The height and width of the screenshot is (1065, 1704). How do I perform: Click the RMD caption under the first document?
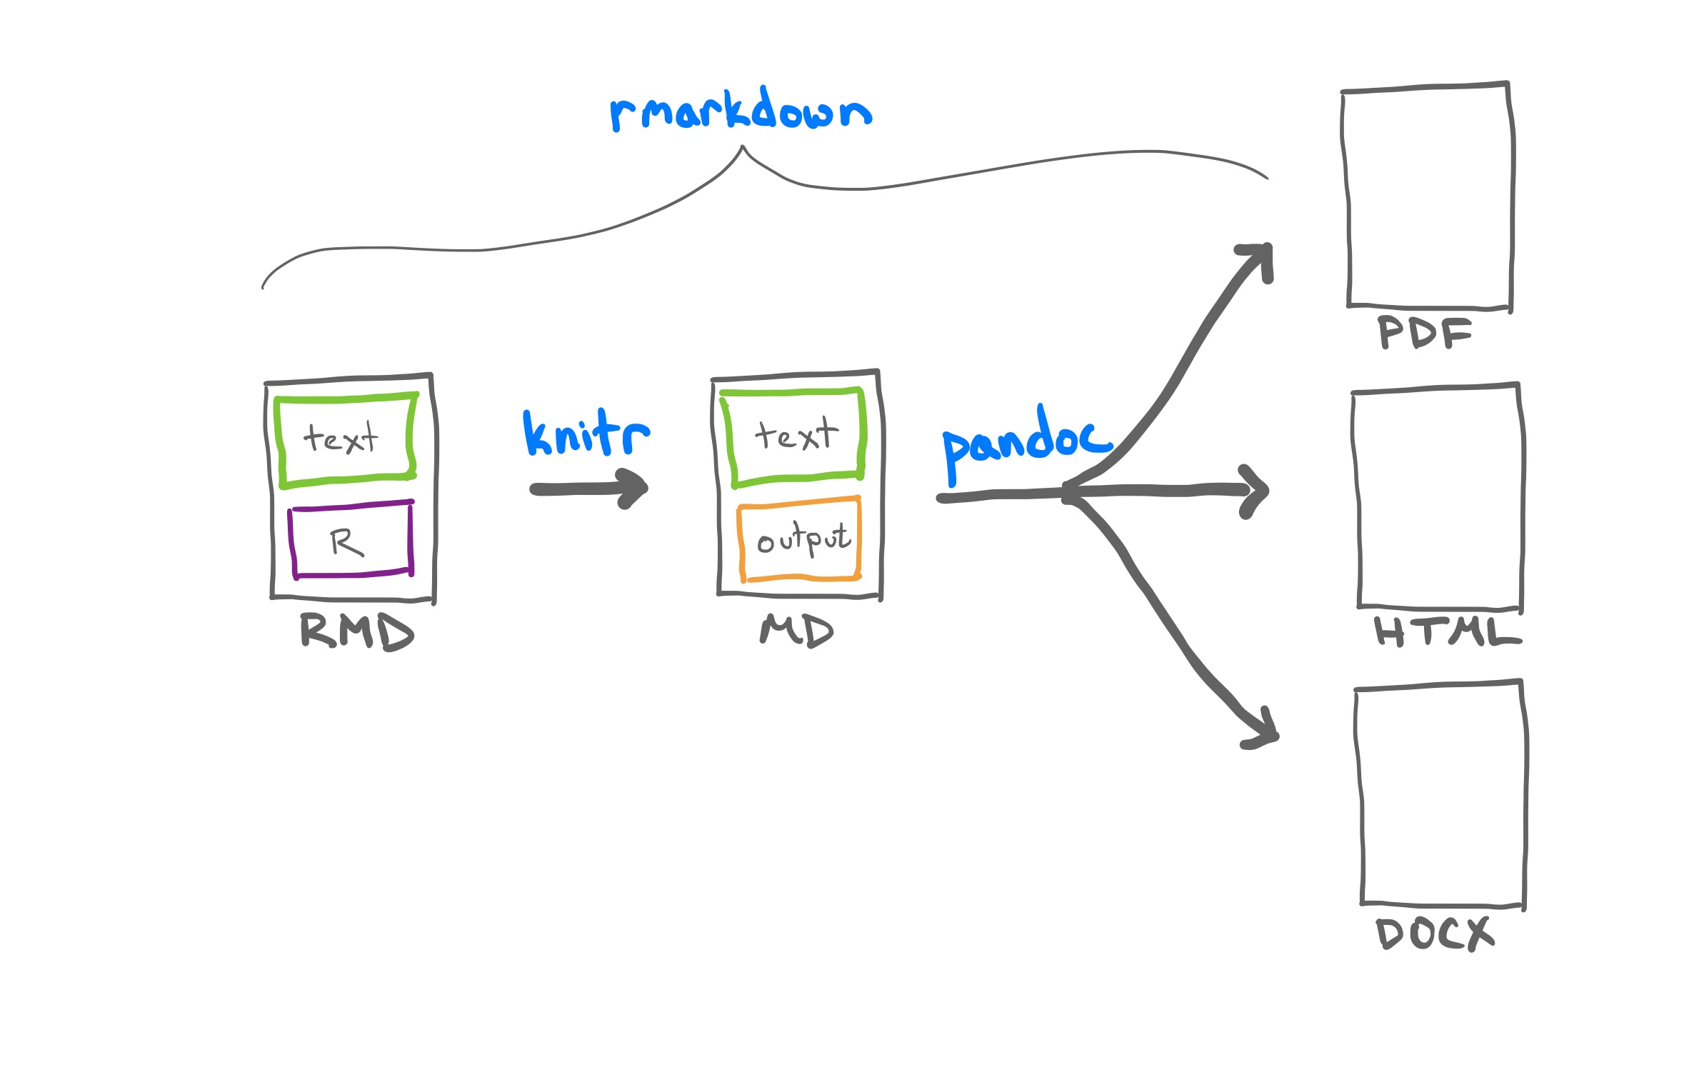coord(356,631)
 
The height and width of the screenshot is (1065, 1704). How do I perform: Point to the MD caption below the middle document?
coord(796,631)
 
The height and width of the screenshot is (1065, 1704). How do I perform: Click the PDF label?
coord(1424,333)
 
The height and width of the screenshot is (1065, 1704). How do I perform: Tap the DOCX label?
coord(1433,934)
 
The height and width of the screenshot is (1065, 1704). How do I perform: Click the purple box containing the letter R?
coord(351,541)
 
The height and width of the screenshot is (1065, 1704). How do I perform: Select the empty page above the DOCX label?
coord(1440,794)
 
